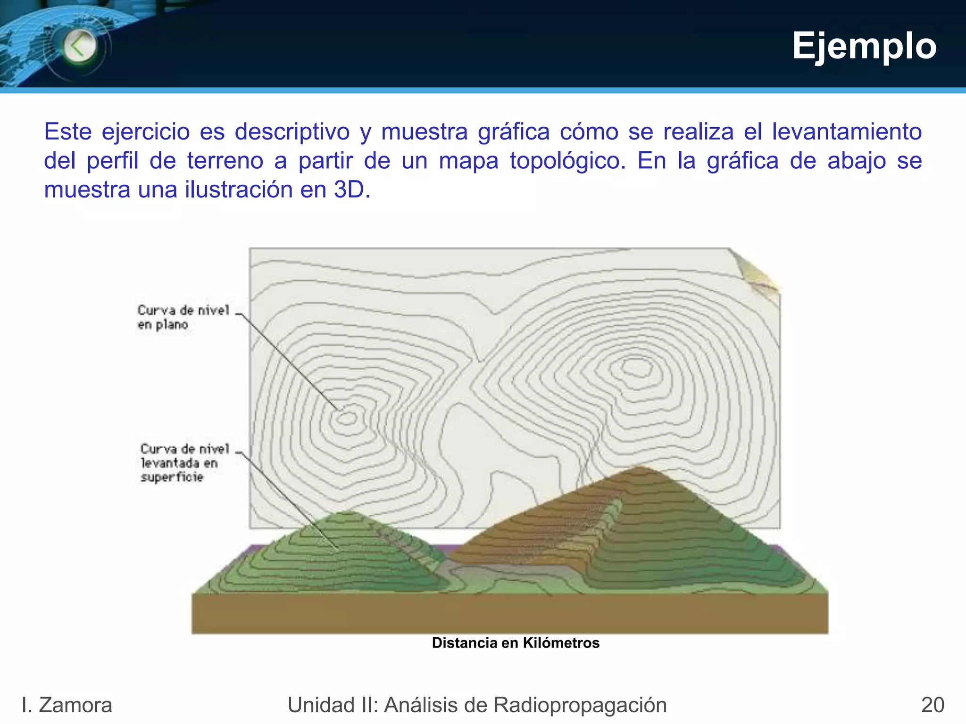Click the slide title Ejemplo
[x=864, y=46]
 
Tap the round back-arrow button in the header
[x=79, y=46]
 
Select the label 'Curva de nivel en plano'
[x=183, y=317]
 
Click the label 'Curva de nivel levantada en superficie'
[x=184, y=462]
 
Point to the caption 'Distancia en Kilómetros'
[x=516, y=643]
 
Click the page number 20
[x=933, y=705]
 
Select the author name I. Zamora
[x=67, y=705]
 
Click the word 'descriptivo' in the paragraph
[x=292, y=132]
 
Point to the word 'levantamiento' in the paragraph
[x=847, y=132]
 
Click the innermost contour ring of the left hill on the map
[x=347, y=418]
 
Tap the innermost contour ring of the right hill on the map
[x=637, y=368]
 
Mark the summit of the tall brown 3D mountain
[x=641, y=468]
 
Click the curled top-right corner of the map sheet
[x=757, y=273]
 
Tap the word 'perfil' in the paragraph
[x=112, y=161]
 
